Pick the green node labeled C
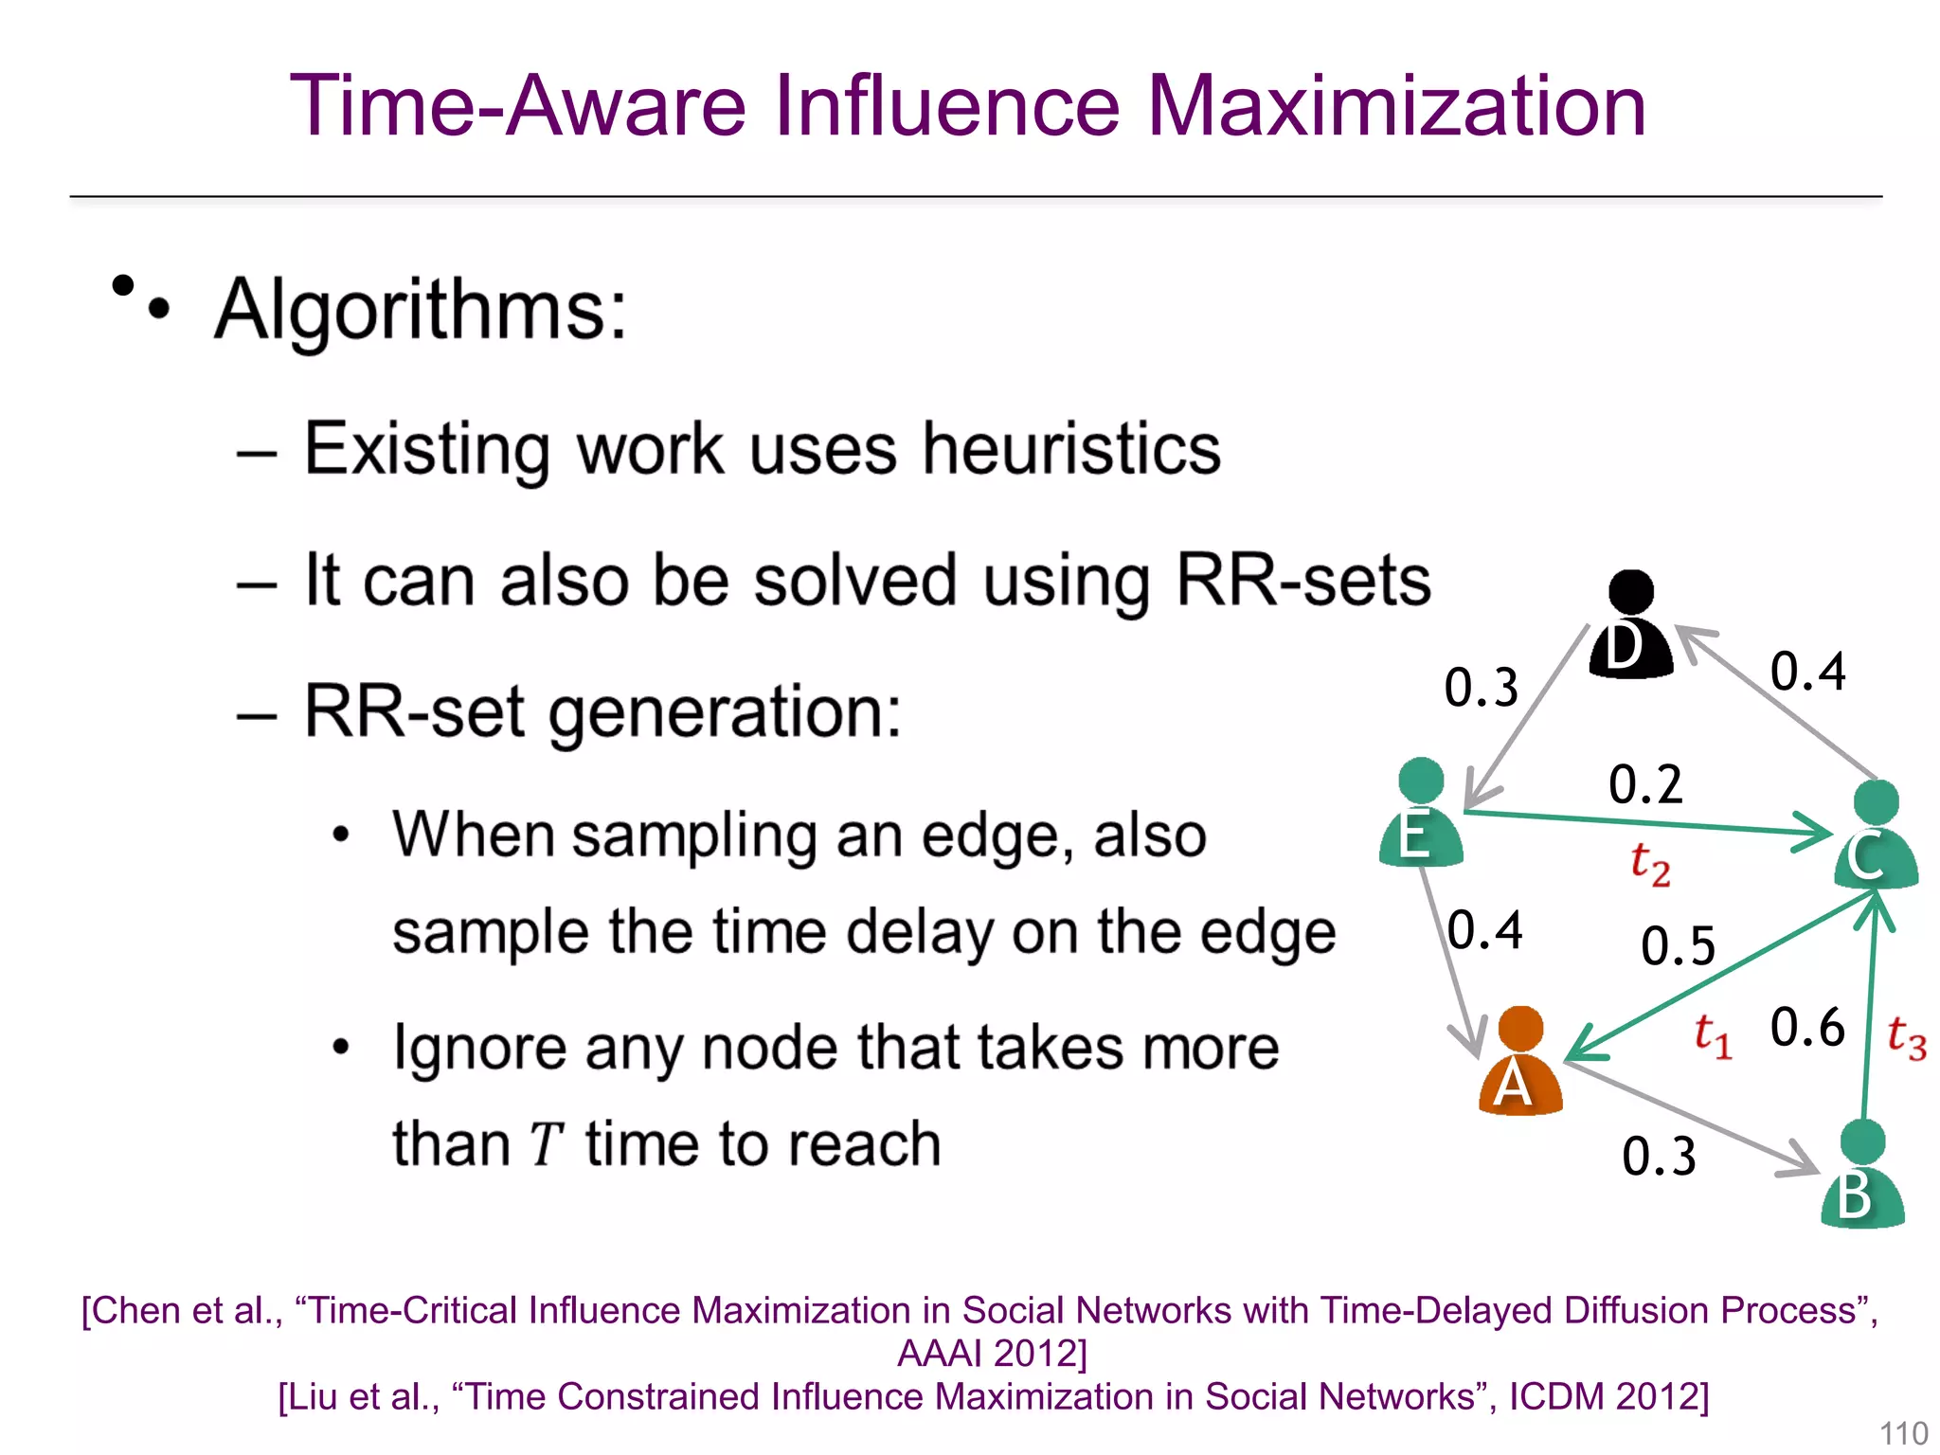click(1876, 835)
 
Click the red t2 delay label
click(1649, 864)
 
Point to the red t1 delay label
click(1713, 1034)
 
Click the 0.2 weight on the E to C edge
click(1645, 784)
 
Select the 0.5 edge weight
click(1678, 945)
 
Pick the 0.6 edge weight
click(1806, 1027)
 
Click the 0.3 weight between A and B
click(1659, 1156)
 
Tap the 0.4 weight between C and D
click(1807, 672)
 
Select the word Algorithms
click(421, 310)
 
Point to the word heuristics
click(1070, 449)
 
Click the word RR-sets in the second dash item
click(1302, 580)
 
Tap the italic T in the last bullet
click(546, 1144)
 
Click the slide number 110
click(1903, 1433)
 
